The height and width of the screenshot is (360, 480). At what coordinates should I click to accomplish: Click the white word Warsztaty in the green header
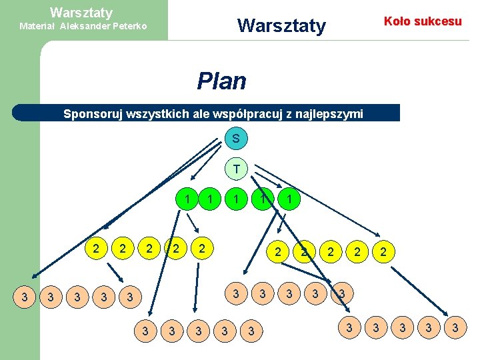81,12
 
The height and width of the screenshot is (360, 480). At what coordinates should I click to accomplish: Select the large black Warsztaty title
281,26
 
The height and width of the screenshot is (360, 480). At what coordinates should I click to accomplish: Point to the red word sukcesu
439,21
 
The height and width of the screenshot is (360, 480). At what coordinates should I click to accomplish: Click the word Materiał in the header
38,27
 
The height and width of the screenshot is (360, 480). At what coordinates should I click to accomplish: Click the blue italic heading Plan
221,81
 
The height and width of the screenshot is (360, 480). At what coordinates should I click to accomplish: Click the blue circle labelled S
236,139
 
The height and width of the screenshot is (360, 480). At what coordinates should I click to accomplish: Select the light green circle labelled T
236,169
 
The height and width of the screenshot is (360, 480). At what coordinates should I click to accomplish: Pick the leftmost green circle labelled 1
188,198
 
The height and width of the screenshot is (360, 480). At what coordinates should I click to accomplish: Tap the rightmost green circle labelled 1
288,198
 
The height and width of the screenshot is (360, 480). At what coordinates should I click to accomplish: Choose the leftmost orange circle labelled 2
97,249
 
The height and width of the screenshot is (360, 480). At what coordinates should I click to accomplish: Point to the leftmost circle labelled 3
25,295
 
